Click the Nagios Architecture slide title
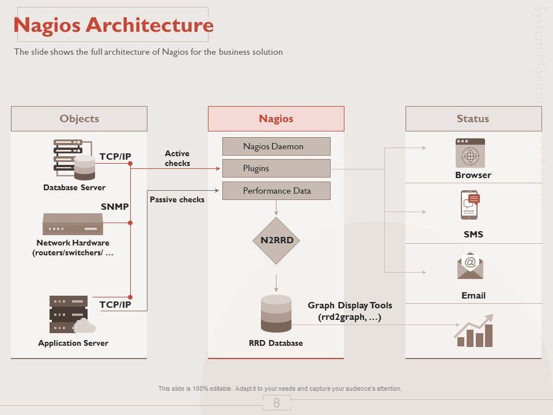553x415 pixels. coord(113,25)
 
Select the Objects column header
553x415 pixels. coord(79,119)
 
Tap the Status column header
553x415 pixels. coord(473,119)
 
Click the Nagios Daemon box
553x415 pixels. coord(276,146)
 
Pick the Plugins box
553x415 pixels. coord(276,168)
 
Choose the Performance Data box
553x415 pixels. coord(276,191)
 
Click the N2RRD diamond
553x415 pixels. coord(276,240)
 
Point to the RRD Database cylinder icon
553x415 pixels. coord(276,313)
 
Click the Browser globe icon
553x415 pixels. coord(470,153)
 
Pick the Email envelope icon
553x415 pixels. coord(470,266)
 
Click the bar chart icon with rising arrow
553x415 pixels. coord(474,331)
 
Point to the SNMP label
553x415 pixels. coord(115,206)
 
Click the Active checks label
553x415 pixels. coord(177,158)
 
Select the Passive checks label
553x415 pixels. coord(177,199)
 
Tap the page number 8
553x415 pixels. coord(276,403)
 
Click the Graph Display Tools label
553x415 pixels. coord(350,311)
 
